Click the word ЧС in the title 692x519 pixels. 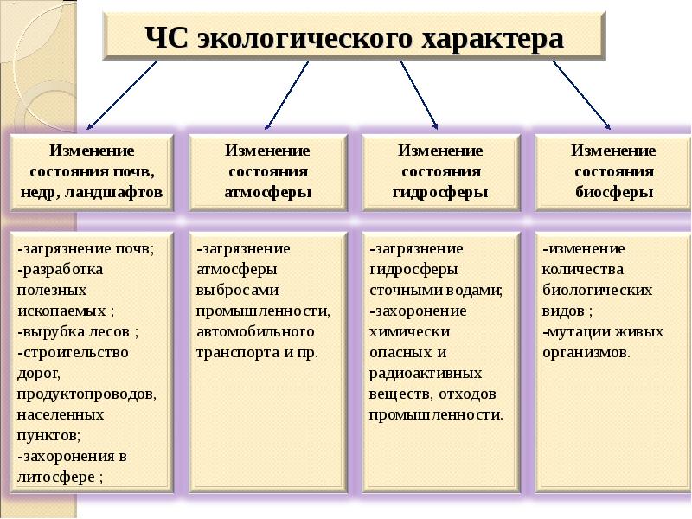(x=167, y=38)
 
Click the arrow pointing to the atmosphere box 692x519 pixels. (x=287, y=95)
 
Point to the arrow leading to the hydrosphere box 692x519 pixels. (x=419, y=95)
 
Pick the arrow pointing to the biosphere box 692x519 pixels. (x=581, y=95)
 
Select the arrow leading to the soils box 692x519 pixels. (x=122, y=95)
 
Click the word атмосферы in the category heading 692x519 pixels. (x=268, y=193)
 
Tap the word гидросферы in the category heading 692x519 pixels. (x=440, y=193)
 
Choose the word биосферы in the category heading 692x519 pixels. (x=614, y=193)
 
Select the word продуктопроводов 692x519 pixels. (x=86, y=394)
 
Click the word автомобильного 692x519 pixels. (x=255, y=331)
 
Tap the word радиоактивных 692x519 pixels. (x=426, y=374)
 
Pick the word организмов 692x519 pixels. (x=585, y=353)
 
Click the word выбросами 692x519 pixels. (x=237, y=291)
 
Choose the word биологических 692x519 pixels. (x=597, y=291)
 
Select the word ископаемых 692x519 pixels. (x=61, y=311)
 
